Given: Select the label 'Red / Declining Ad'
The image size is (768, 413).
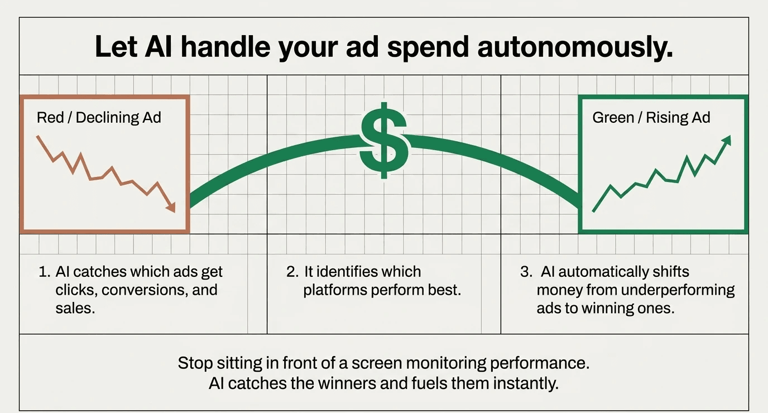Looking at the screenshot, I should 99,118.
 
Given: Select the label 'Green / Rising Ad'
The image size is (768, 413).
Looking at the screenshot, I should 651,118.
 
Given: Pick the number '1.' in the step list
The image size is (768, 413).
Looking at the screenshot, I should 45,272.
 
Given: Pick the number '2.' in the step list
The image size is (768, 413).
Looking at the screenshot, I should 292,272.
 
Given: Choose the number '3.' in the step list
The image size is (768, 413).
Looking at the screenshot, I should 526,272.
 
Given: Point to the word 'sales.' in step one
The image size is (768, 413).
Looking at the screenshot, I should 75,308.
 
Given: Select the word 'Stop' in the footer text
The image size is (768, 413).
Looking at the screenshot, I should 195,363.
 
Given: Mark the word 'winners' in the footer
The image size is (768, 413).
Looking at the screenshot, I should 363,383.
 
